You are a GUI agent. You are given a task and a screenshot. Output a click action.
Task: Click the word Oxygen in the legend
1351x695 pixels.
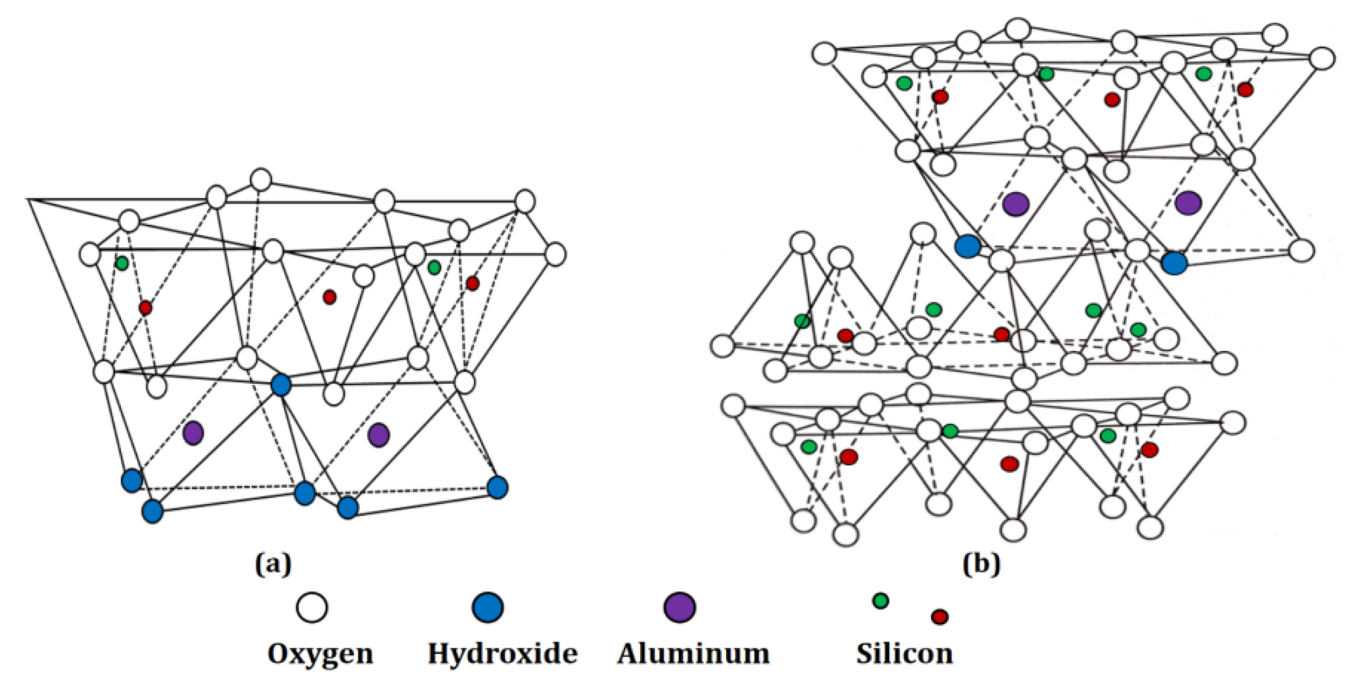[320, 654]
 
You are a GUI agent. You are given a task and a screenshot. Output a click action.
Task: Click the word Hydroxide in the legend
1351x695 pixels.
[502, 653]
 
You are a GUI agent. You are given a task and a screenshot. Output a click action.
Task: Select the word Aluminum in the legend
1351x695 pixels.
[693, 654]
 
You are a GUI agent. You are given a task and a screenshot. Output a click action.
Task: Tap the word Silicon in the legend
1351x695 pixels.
[904, 654]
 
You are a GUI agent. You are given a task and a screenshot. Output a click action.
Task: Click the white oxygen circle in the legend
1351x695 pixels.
[312, 607]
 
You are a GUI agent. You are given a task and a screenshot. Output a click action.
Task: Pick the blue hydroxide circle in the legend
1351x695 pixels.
[488, 607]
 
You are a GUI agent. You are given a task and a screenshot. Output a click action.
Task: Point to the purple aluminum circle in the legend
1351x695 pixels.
[680, 607]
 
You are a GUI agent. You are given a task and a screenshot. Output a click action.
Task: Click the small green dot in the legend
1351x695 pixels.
[880, 601]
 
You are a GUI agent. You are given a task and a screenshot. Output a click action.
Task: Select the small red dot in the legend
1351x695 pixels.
[939, 617]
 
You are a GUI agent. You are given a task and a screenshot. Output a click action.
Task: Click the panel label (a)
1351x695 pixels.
[273, 564]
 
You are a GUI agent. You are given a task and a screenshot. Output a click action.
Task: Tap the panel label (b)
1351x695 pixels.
[981, 564]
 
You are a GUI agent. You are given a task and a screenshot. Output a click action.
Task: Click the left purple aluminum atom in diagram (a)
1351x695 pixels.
[193, 433]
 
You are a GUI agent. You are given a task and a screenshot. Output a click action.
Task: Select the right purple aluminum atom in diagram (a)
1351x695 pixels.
[378, 435]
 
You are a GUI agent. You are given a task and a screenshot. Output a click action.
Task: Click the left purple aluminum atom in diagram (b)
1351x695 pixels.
[1016, 204]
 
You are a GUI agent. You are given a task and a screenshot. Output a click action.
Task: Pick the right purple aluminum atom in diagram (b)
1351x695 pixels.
[1188, 203]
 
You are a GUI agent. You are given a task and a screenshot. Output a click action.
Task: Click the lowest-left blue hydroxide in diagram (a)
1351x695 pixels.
[152, 512]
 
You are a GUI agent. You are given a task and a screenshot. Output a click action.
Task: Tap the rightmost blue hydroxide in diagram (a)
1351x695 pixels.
[498, 487]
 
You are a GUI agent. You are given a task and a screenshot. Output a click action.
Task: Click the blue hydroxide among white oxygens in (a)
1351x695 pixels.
[281, 385]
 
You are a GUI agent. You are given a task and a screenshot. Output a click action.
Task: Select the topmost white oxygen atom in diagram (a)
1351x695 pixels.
[261, 180]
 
